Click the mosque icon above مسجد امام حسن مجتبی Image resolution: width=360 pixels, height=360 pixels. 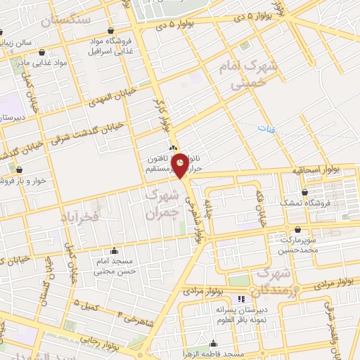[114, 250]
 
